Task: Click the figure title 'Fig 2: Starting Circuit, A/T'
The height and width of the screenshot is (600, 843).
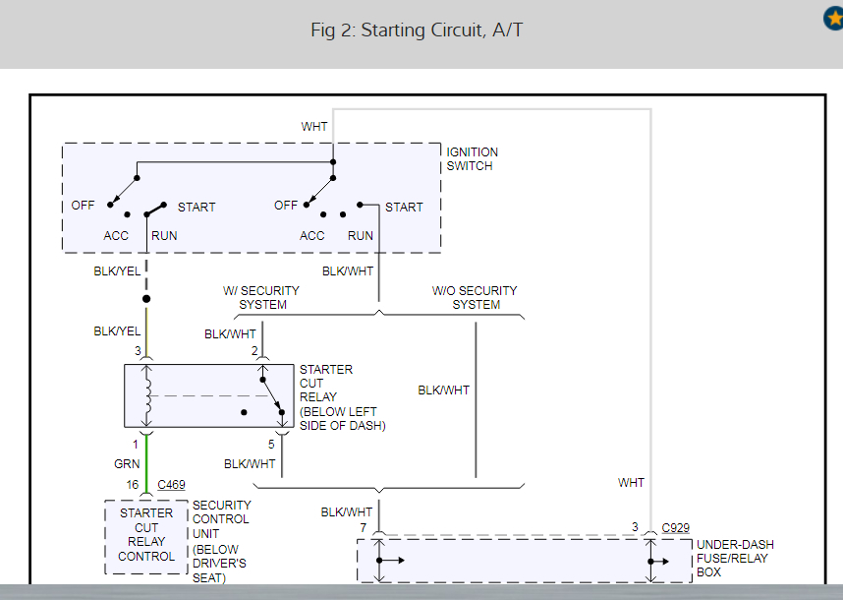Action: pyautogui.click(x=417, y=30)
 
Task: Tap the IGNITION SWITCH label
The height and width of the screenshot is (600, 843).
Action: pyautogui.click(x=473, y=159)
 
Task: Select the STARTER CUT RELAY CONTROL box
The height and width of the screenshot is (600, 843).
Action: pyautogui.click(x=146, y=535)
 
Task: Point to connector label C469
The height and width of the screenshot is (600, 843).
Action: pyautogui.click(x=170, y=485)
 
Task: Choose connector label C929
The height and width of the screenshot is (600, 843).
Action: pyautogui.click(x=676, y=528)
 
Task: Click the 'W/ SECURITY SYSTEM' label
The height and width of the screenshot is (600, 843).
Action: pyautogui.click(x=262, y=298)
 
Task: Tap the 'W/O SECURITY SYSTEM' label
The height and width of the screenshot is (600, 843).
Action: pyautogui.click(x=475, y=298)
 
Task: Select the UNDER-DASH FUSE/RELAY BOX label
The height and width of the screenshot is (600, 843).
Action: pyautogui.click(x=735, y=559)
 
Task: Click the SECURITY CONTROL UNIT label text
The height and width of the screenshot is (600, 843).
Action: pyautogui.click(x=221, y=540)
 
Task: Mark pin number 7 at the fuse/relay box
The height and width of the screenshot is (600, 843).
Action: pyautogui.click(x=363, y=529)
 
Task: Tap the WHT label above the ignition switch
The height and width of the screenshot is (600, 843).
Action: pyautogui.click(x=314, y=127)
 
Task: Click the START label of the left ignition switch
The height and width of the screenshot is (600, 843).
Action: pyautogui.click(x=197, y=208)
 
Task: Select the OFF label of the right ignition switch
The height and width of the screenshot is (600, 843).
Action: pyautogui.click(x=286, y=206)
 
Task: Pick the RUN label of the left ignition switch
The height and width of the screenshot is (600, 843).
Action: pyautogui.click(x=164, y=236)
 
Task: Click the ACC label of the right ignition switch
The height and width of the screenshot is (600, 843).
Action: pyautogui.click(x=312, y=236)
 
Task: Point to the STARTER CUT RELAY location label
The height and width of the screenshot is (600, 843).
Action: pyautogui.click(x=343, y=397)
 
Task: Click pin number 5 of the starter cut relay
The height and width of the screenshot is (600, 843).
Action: pyautogui.click(x=271, y=445)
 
